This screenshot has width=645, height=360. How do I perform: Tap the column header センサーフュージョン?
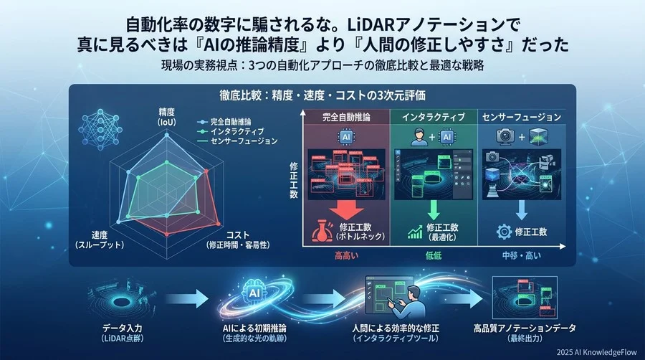point(522,115)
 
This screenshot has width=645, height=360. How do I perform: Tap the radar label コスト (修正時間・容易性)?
point(239,240)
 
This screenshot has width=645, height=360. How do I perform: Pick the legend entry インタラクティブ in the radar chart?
point(236,131)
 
